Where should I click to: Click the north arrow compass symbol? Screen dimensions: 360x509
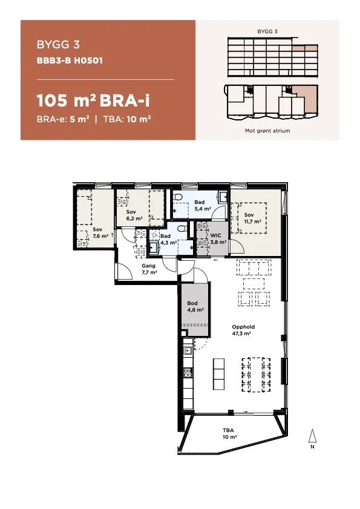click(x=312, y=438)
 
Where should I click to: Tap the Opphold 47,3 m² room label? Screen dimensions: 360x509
click(x=243, y=330)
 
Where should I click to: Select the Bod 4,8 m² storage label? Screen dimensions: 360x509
click(x=195, y=306)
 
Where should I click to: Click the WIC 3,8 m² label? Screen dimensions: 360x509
click(x=218, y=238)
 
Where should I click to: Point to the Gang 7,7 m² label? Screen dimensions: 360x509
click(x=149, y=269)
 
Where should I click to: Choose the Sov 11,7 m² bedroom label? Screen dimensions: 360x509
click(x=252, y=218)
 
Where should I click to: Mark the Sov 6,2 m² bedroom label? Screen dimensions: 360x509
click(x=134, y=215)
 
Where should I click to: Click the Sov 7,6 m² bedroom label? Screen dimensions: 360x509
click(x=100, y=233)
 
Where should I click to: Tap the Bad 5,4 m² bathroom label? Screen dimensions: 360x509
click(x=203, y=206)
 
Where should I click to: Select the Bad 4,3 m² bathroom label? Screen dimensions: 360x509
click(x=168, y=239)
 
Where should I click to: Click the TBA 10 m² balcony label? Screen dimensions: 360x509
click(x=229, y=434)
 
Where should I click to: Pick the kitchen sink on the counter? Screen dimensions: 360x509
click(x=188, y=350)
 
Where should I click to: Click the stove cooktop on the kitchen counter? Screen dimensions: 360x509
click(x=188, y=373)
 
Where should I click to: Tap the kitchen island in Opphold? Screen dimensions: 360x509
click(x=218, y=373)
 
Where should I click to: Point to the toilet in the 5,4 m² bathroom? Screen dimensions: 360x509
click(x=177, y=196)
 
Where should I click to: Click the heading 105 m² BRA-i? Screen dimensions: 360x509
click(x=93, y=100)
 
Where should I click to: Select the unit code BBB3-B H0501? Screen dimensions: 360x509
click(x=70, y=61)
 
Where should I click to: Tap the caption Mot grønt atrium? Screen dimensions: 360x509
click(x=267, y=131)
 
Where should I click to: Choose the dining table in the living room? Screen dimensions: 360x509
click(x=256, y=375)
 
